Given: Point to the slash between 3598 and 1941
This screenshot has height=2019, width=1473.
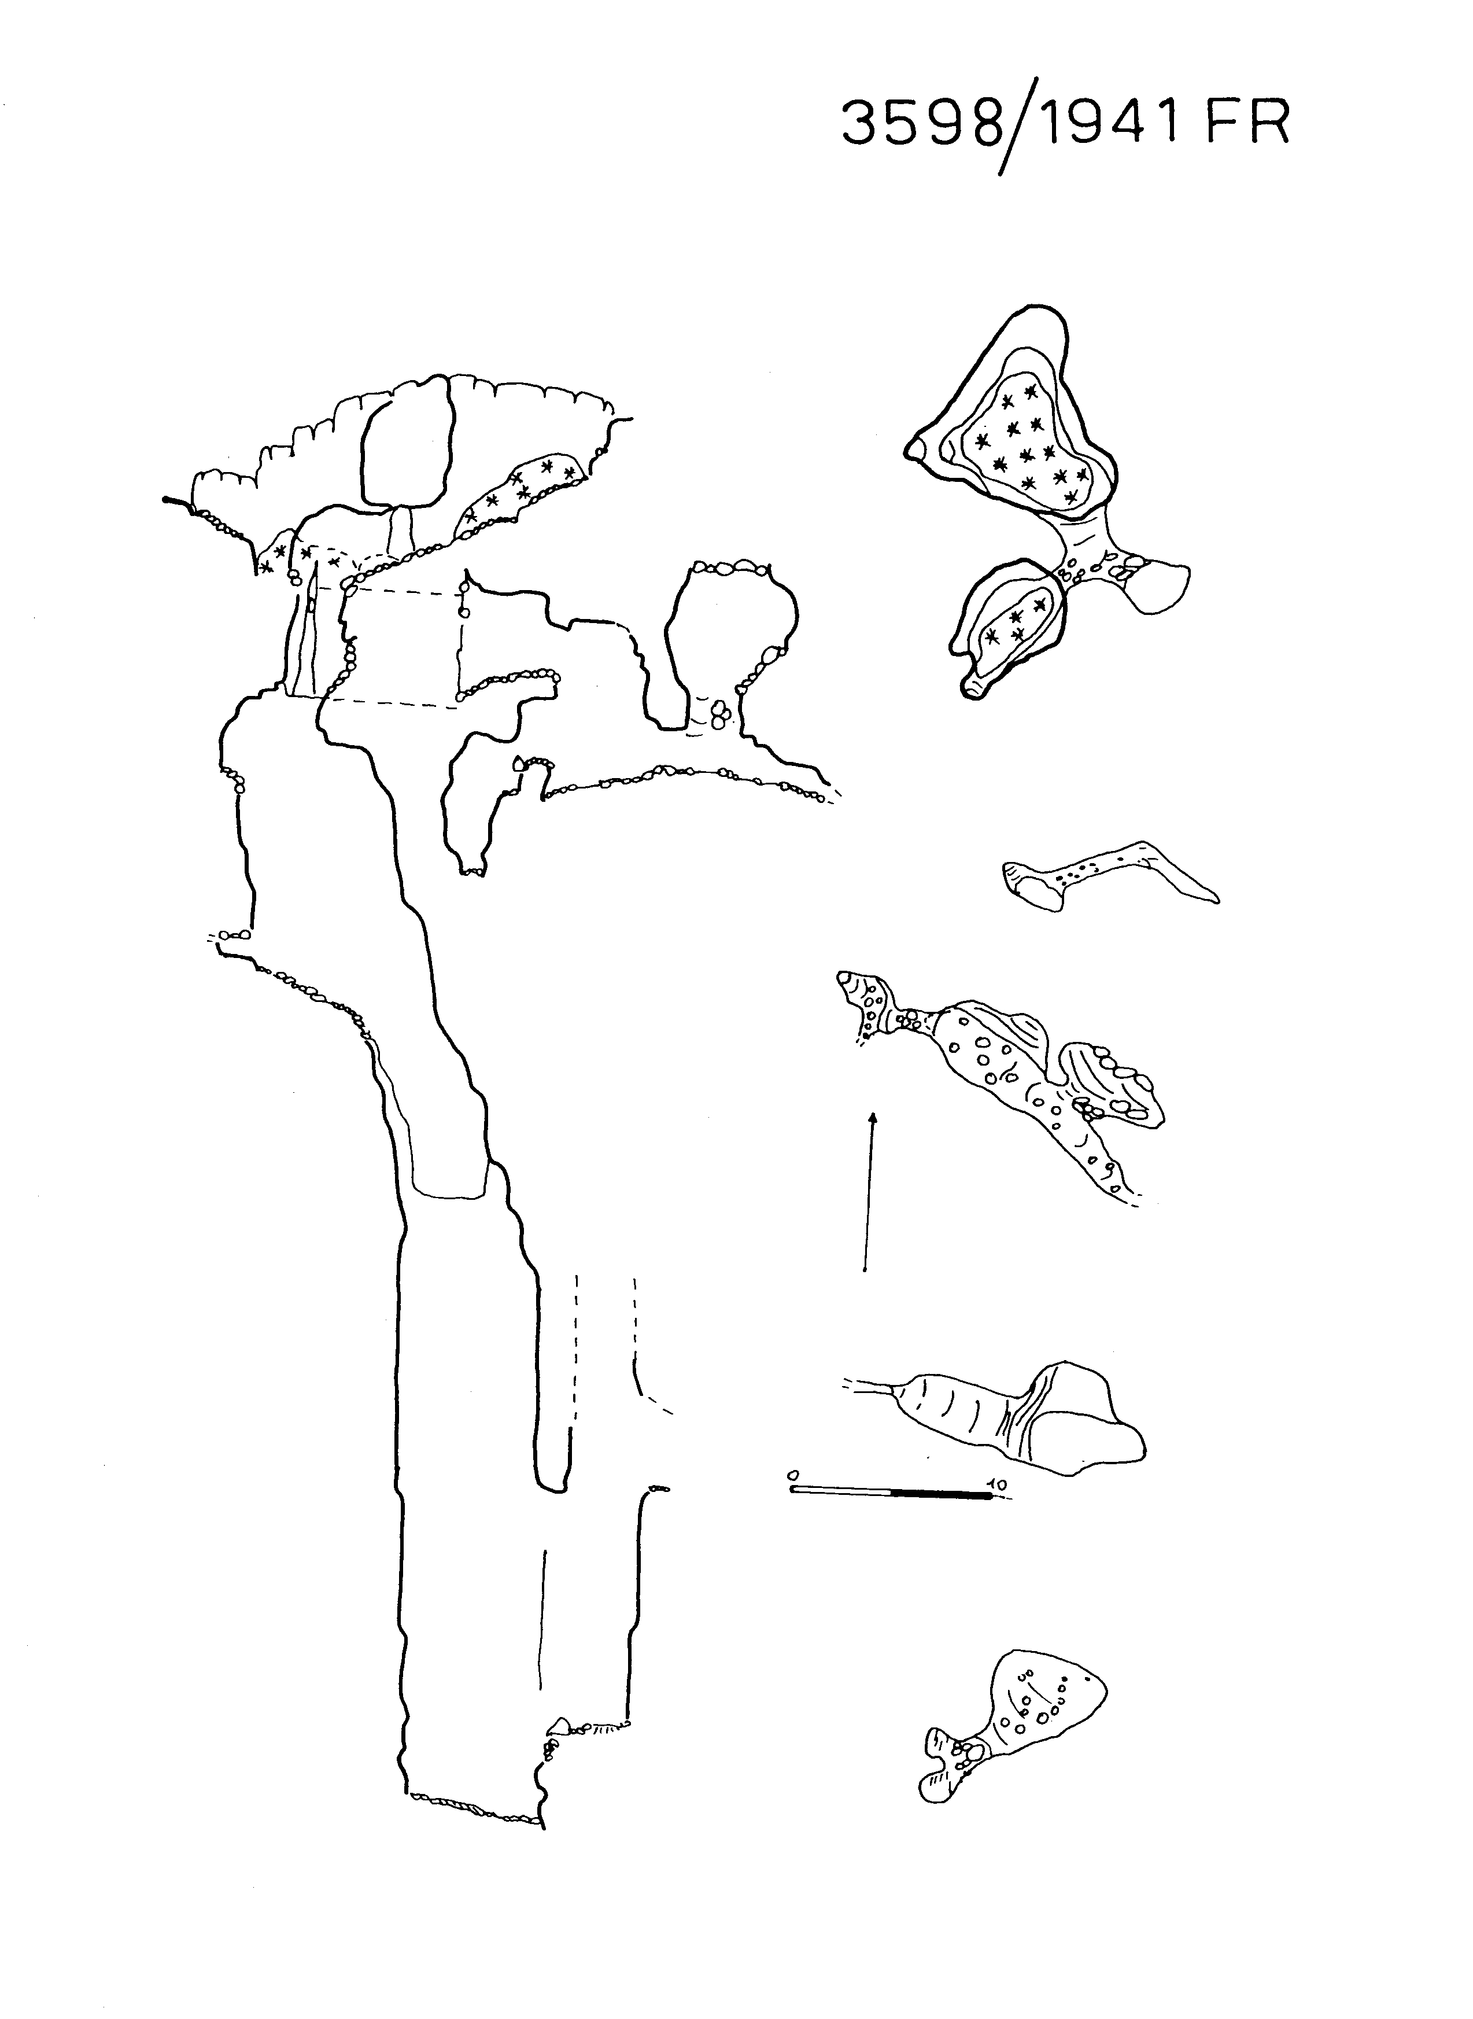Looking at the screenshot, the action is pyautogui.click(x=1018, y=126).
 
